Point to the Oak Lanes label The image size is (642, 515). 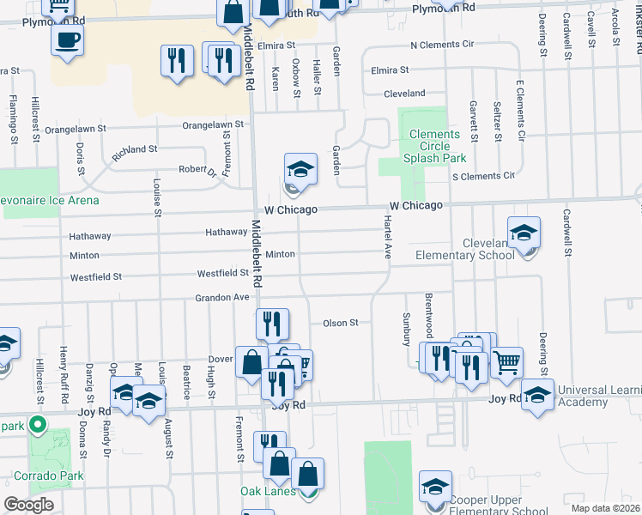point(268,491)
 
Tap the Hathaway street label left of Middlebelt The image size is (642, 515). point(226,233)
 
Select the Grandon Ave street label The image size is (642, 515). point(222,297)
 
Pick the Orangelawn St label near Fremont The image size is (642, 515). point(214,125)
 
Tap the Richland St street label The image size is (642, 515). point(135,149)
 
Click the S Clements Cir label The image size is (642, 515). point(483,176)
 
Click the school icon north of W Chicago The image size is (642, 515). point(300,168)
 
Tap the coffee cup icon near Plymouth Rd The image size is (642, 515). point(67,38)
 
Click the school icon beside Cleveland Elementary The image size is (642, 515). point(524,233)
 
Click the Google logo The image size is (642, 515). point(28,505)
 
